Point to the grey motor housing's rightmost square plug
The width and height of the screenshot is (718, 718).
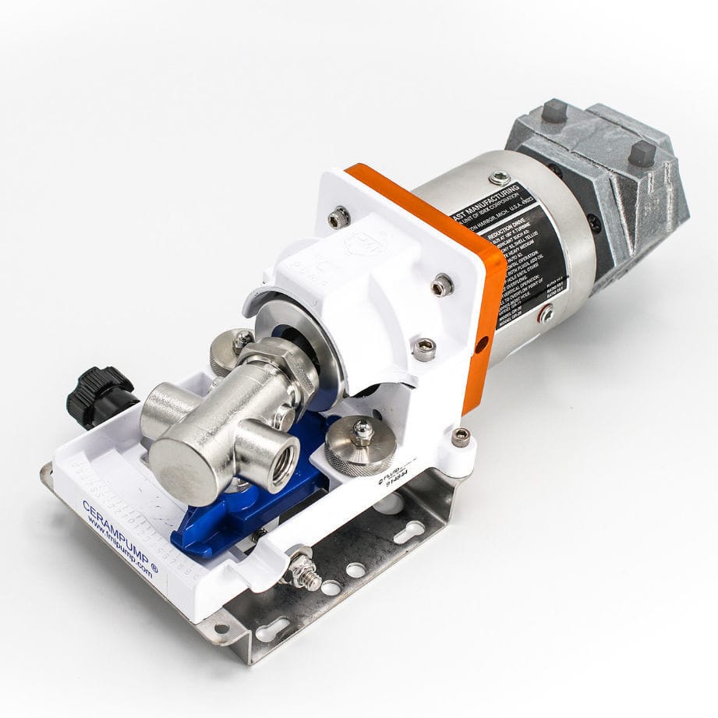pos(641,151)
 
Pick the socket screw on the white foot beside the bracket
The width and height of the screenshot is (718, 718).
pos(461,437)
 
